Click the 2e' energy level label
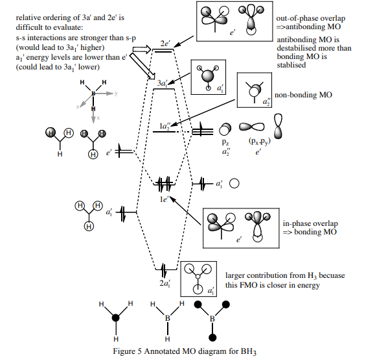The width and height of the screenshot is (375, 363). (x=165, y=44)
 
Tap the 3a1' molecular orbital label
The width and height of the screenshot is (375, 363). (x=163, y=83)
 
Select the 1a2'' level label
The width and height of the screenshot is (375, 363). (x=165, y=125)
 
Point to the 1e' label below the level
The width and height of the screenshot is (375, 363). (x=164, y=199)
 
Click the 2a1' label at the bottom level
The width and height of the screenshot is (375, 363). (x=165, y=283)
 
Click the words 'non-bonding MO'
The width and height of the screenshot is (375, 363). (x=303, y=95)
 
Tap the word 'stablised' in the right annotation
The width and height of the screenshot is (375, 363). (x=291, y=65)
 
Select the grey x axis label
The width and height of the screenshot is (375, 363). (x=98, y=118)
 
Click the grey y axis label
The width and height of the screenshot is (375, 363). (x=116, y=93)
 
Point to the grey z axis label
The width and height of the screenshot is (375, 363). (x=78, y=106)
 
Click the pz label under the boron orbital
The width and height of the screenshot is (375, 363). (x=225, y=142)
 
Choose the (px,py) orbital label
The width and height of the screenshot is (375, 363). (x=260, y=142)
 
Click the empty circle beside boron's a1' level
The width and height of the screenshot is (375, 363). (x=234, y=183)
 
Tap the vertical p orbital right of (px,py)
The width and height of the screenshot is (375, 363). (x=278, y=127)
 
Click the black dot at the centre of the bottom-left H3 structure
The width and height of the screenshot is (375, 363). (x=116, y=318)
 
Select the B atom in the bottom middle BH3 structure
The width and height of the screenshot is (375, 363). (x=167, y=318)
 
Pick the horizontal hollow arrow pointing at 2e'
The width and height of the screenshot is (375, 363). (x=142, y=49)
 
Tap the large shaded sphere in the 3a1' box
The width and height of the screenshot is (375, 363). (x=208, y=76)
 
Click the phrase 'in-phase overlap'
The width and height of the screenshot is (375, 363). (x=310, y=223)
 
